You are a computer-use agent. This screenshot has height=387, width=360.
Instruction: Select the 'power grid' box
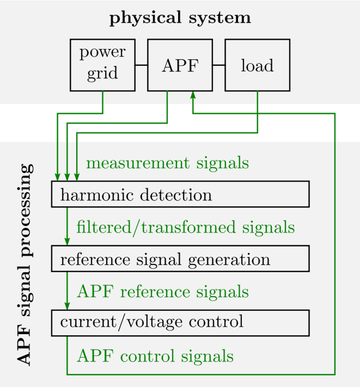click(103, 65)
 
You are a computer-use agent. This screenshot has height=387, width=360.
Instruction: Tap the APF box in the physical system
click(180, 65)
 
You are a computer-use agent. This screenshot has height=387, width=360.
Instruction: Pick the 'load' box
click(257, 65)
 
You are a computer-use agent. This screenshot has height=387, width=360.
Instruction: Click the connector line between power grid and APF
click(141, 65)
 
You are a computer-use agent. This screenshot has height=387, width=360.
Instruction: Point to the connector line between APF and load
click(219, 65)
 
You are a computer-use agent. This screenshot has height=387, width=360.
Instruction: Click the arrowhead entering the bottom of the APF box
click(193, 95)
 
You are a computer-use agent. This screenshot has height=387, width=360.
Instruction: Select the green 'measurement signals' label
click(167, 163)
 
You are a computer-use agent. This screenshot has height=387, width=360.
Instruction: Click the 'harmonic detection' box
click(180, 194)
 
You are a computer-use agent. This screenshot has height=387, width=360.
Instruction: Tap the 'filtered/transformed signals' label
click(186, 227)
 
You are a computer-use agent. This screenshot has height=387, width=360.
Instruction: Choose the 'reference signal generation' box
click(180, 259)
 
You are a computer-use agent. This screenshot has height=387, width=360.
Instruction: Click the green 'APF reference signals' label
click(163, 291)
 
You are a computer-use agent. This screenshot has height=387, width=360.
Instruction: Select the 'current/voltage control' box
click(180, 323)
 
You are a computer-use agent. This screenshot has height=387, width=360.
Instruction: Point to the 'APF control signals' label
click(155, 356)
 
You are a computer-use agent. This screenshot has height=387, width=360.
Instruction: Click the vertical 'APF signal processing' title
click(24, 264)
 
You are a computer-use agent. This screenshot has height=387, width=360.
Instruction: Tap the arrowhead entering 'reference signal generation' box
click(67, 241)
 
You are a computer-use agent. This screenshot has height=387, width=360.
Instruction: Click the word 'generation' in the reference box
click(229, 259)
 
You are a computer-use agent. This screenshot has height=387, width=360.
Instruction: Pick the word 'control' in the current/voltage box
click(216, 322)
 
